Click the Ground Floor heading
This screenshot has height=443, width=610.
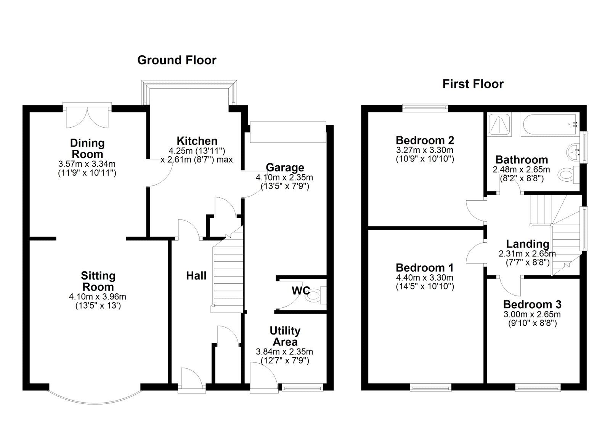(x=177, y=60)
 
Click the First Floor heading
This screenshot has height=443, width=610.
(x=473, y=84)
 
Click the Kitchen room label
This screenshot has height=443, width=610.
(x=197, y=141)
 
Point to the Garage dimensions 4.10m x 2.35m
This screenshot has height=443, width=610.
(x=284, y=178)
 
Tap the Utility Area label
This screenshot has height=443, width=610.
(x=285, y=336)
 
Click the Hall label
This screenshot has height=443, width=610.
(x=196, y=276)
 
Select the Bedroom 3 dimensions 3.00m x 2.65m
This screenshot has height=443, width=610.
(x=532, y=315)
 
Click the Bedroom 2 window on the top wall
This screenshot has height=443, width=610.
(x=425, y=108)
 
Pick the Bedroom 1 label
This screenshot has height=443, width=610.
(x=424, y=267)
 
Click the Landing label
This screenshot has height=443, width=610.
(x=527, y=244)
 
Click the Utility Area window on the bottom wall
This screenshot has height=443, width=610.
(x=302, y=387)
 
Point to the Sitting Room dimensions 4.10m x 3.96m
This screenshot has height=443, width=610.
(x=98, y=296)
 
